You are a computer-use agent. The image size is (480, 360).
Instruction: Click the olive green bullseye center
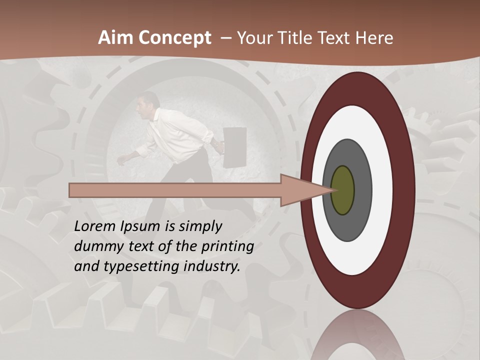(x=343, y=190)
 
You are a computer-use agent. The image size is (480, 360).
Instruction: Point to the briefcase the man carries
(x=234, y=147)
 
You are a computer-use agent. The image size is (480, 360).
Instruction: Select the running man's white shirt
(x=175, y=132)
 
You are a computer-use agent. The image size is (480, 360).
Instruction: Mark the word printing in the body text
(x=228, y=247)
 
